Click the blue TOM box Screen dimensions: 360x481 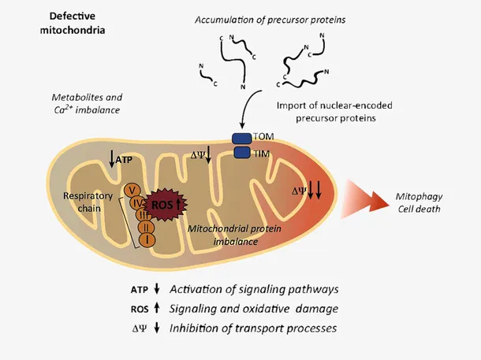tap(241, 139)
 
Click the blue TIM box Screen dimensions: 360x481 tap(241, 152)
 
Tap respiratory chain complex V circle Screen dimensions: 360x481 tap(133, 189)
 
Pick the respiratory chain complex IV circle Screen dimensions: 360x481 tap(137, 202)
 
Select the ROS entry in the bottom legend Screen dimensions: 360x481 tap(139, 308)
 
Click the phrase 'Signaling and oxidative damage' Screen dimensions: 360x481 tap(254, 308)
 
